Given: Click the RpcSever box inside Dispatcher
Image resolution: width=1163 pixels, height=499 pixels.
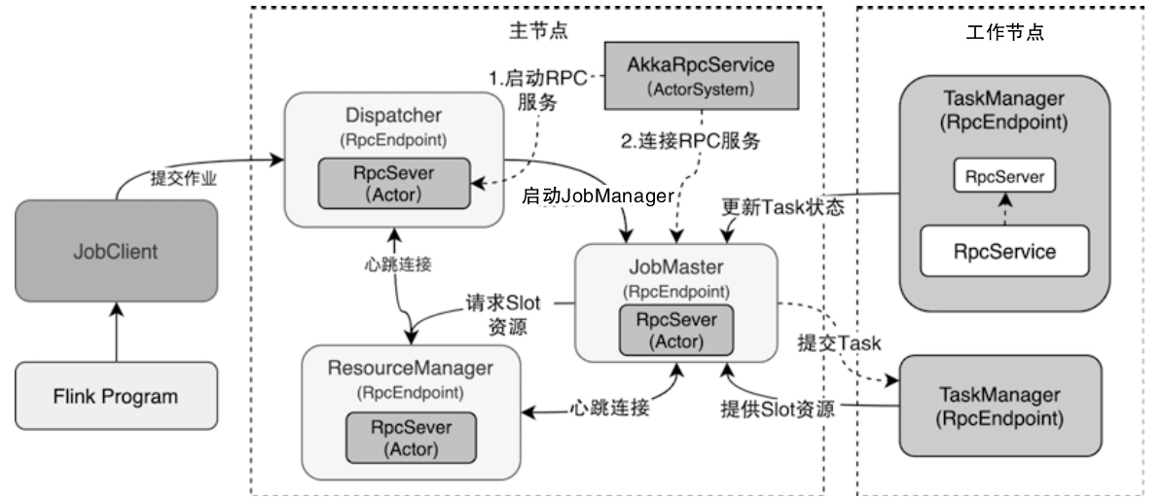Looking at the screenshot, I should click(394, 182).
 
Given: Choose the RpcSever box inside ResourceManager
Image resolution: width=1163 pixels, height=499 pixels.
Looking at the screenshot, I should click(410, 439).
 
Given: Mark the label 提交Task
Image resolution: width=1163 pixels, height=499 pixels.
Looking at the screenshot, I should click(839, 343).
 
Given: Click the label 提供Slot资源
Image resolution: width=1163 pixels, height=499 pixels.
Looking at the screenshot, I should click(777, 409).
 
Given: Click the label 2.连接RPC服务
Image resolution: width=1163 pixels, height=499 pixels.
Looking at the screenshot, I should click(692, 140).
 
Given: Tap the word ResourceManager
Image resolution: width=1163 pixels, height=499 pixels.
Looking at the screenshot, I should click(411, 370).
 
